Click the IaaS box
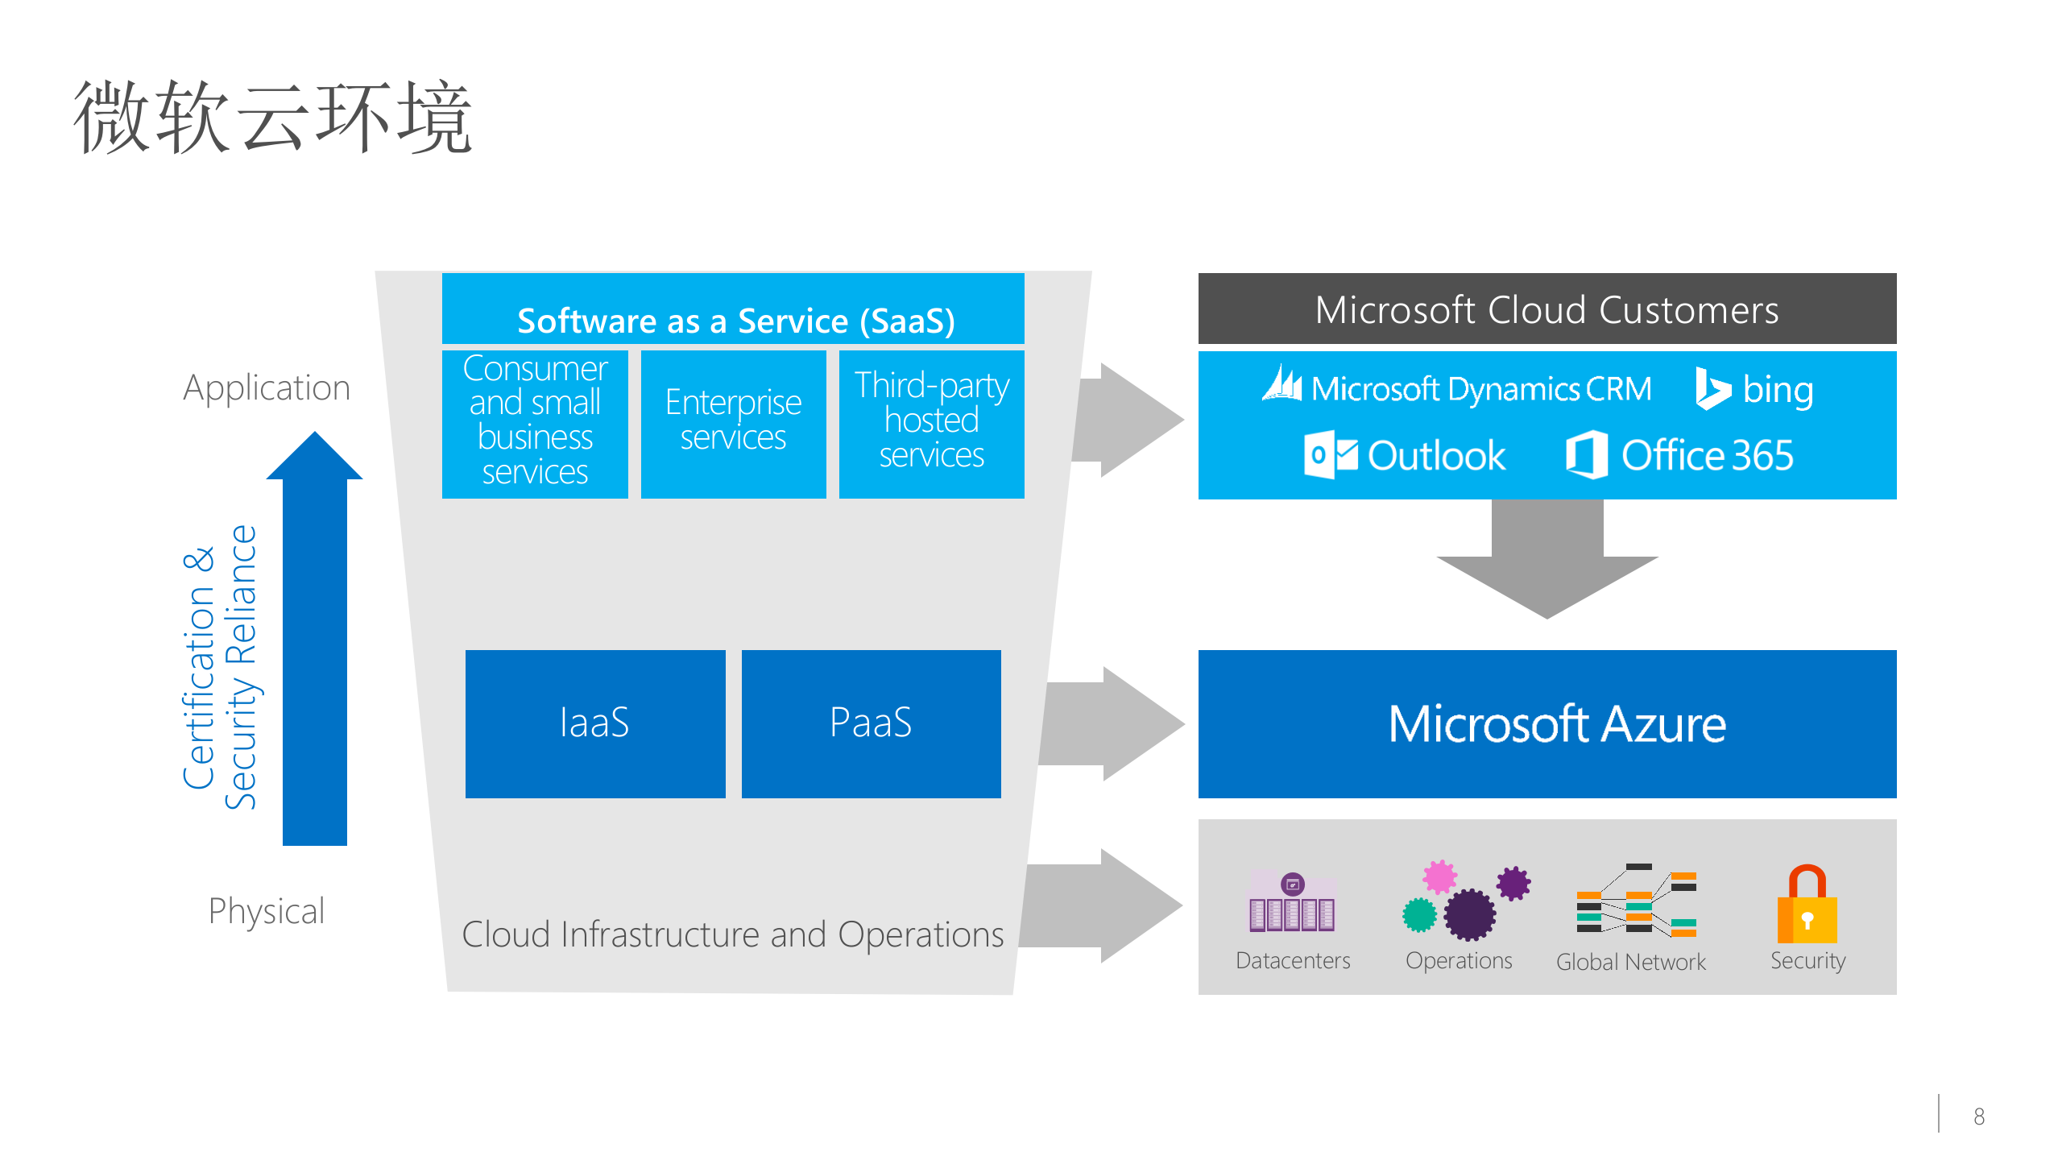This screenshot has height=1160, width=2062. pyautogui.click(x=594, y=723)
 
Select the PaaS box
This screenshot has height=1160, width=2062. pyautogui.click(x=871, y=723)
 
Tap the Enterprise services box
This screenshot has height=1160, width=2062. pyautogui.click(x=733, y=424)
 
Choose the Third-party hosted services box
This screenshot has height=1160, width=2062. pyautogui.click(x=931, y=424)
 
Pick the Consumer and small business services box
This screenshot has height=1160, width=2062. pyautogui.click(x=535, y=424)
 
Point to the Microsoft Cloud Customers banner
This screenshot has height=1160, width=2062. pyautogui.click(x=1546, y=309)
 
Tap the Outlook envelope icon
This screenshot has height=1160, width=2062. pyautogui.click(x=1330, y=455)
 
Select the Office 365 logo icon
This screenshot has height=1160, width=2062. pyautogui.click(x=1587, y=455)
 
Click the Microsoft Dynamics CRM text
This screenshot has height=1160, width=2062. pyautogui.click(x=1480, y=390)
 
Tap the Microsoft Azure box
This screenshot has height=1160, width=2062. pyautogui.click(x=1546, y=723)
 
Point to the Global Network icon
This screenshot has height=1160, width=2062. pyautogui.click(x=1635, y=902)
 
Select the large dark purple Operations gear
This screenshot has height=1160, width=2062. pyautogui.click(x=1469, y=915)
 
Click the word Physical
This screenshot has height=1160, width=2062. pyautogui.click(x=266, y=912)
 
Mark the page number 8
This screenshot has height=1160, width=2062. pyautogui.click(x=1978, y=1116)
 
